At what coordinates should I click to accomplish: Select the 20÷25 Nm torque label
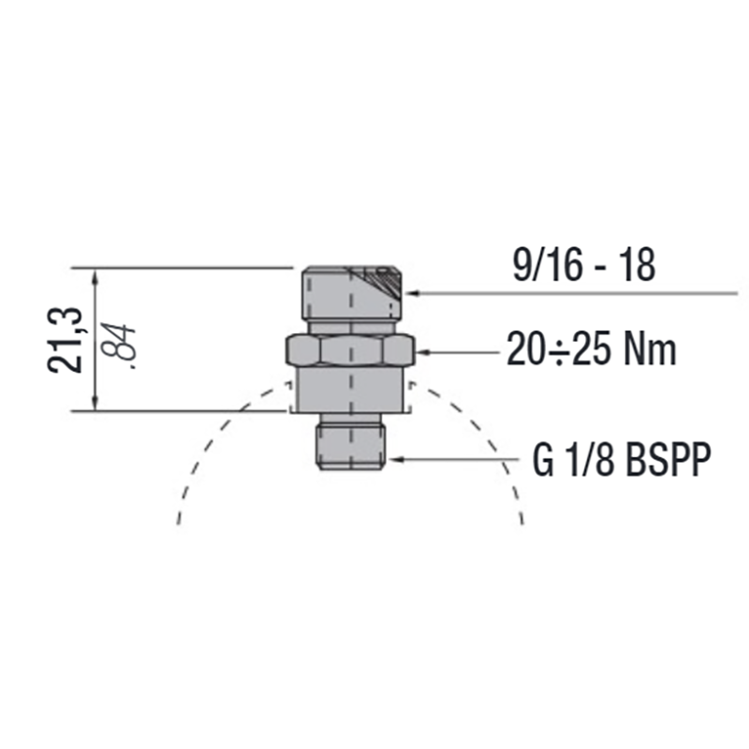click(x=592, y=349)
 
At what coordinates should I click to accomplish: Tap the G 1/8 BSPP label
click(x=622, y=460)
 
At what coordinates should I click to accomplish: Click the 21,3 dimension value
click(x=65, y=340)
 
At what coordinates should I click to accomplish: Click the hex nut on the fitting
click(x=351, y=351)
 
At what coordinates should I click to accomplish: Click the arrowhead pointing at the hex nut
click(x=422, y=352)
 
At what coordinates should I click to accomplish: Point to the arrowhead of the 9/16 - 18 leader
click(x=411, y=293)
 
